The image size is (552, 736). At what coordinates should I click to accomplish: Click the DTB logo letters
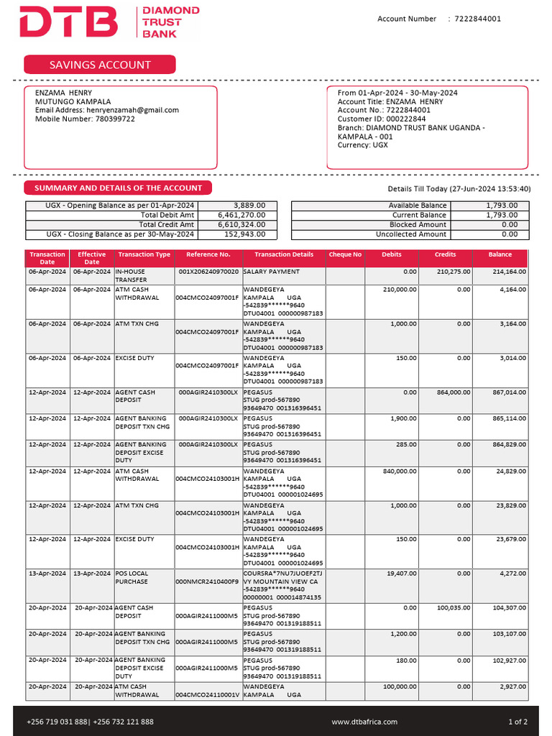point(68,22)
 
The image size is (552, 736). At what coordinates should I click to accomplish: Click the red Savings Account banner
point(100,65)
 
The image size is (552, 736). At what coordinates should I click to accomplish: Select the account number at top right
point(478,19)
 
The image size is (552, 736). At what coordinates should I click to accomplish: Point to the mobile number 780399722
point(114,119)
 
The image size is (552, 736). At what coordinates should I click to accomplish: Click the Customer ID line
point(382,119)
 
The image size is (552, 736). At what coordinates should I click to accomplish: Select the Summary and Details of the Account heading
point(119,188)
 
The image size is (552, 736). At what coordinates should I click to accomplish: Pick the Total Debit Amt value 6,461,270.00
point(241,215)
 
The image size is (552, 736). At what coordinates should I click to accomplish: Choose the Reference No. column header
point(208,254)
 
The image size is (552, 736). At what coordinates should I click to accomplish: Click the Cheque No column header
point(345,254)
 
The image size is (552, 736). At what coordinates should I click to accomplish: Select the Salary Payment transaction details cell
point(272,272)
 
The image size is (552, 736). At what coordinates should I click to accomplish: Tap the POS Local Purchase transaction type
point(132,577)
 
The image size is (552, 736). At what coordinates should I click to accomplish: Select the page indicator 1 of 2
point(517,722)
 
